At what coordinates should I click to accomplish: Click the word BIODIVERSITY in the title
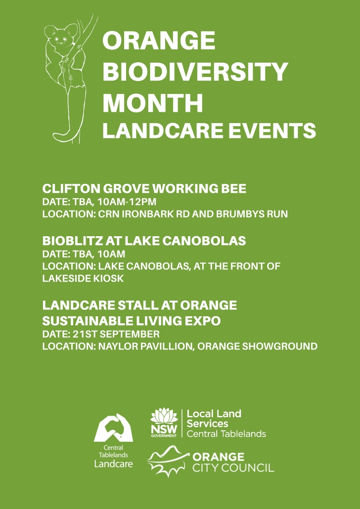pyautogui.click(x=195, y=72)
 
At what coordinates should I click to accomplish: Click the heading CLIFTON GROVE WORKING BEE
pyautogui.click(x=144, y=189)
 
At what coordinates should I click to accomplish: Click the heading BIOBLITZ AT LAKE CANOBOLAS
pyautogui.click(x=144, y=241)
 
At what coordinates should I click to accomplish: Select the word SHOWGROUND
pyautogui.click(x=280, y=346)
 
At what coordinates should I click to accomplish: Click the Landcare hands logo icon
pyautogui.click(x=113, y=427)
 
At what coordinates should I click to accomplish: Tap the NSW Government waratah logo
pyautogui.click(x=164, y=423)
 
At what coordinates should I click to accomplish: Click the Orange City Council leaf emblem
pyautogui.click(x=168, y=461)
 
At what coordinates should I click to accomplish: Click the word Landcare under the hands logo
pyautogui.click(x=113, y=464)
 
